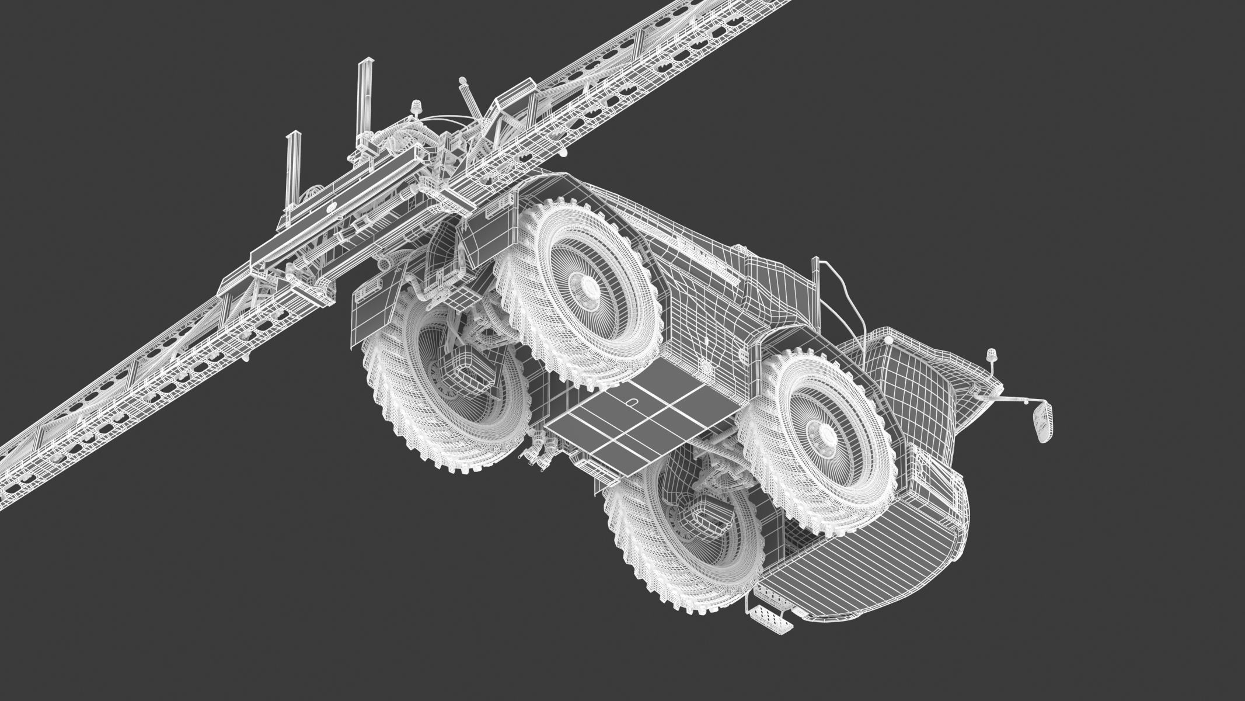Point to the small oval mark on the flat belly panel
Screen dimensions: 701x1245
coord(632,402)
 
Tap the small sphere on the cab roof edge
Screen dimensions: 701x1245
coord(888,339)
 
